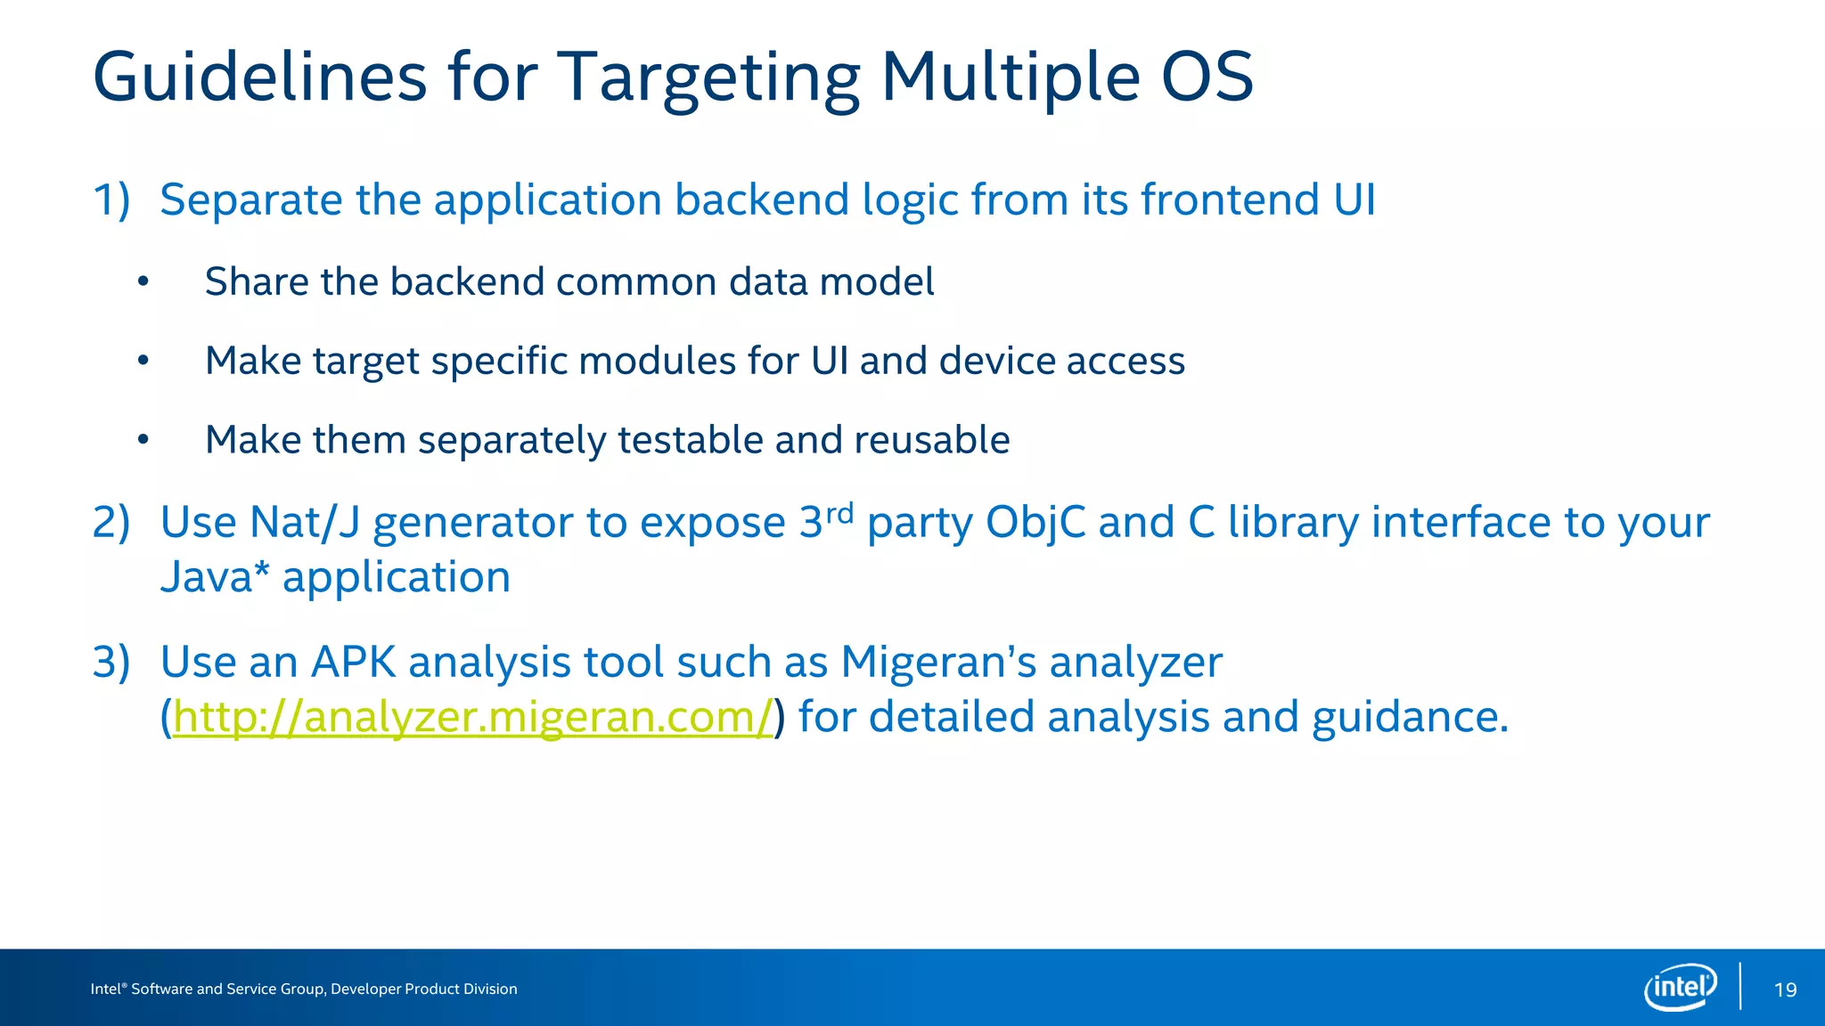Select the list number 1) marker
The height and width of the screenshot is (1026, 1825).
tap(111, 199)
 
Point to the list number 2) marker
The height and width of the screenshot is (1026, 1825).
tap(111, 522)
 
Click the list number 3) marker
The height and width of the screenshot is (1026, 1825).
tap(111, 662)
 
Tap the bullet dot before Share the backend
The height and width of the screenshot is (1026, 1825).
tap(143, 282)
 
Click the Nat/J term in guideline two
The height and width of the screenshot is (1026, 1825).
tap(303, 522)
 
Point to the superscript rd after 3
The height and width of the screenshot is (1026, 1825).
tap(839, 513)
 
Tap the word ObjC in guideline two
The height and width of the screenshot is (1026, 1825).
tap(1035, 522)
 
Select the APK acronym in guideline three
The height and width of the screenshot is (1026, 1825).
tap(353, 662)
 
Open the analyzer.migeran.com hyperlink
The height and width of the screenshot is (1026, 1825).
tap(472, 717)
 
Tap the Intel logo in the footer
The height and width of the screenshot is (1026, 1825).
tap(1680, 987)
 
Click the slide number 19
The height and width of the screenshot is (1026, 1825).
tap(1785, 989)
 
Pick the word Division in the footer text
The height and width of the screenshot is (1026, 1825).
tap(489, 989)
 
